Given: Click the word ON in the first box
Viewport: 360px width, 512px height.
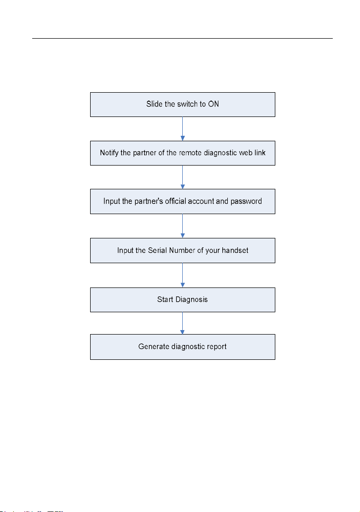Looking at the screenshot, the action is [213, 104].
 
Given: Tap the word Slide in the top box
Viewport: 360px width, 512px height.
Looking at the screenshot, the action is [154, 104].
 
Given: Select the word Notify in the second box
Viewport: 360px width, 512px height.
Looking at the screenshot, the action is [109, 153].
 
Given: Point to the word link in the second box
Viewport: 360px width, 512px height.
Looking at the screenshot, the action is [260, 153].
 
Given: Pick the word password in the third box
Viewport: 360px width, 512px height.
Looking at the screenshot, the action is [246, 201].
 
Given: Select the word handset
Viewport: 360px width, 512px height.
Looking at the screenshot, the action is [235, 250].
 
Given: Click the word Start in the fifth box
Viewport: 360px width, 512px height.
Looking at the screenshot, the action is [165, 299].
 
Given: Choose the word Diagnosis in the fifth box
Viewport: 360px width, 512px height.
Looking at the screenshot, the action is [192, 300].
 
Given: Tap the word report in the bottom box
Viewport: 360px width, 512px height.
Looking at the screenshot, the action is [217, 347].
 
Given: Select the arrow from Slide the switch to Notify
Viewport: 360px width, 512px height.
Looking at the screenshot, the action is [183, 129].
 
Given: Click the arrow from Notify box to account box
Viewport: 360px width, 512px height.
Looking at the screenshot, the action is [183, 177].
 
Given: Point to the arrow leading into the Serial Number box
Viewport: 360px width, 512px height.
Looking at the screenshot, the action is [183, 226].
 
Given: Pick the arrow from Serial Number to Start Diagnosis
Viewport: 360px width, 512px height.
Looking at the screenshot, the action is [183, 275].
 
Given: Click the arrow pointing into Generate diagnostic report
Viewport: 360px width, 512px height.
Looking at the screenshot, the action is [183, 323].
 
